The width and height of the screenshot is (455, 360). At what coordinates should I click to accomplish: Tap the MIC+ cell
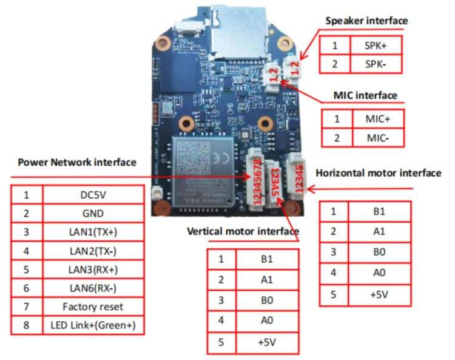point(377,119)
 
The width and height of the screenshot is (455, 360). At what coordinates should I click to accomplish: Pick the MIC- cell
point(377,138)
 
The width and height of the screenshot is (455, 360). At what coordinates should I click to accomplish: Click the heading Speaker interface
point(366,21)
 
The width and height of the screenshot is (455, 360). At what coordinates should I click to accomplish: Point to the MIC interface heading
point(365,95)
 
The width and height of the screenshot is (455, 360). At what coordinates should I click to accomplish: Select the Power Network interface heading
point(77,163)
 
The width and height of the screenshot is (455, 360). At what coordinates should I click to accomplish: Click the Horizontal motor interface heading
point(378,173)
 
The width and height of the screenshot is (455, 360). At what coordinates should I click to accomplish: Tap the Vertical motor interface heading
point(243,231)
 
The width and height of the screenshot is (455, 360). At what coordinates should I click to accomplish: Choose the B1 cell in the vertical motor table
point(267,259)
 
